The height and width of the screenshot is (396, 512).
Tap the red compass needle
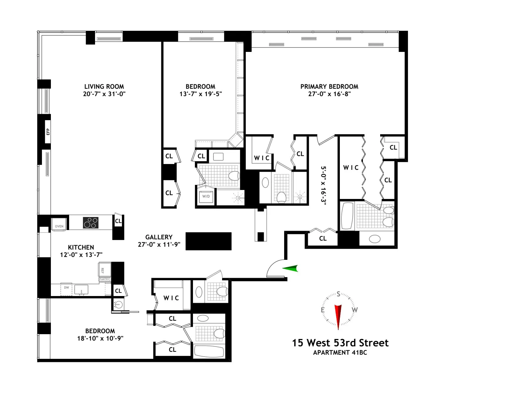click(338, 316)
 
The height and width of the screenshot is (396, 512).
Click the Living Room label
click(104, 87)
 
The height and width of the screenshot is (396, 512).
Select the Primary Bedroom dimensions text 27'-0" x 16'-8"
click(329, 94)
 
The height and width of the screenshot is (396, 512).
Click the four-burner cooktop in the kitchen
click(91, 222)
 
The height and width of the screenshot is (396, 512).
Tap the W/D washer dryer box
click(206, 196)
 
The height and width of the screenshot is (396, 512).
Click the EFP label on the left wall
click(48, 132)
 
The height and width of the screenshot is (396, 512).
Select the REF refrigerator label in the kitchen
click(102, 270)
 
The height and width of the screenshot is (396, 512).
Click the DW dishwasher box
click(66, 288)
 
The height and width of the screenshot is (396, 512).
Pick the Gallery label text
click(159, 237)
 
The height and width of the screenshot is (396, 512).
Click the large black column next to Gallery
click(208, 241)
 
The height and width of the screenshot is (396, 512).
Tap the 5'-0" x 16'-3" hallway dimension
click(323, 185)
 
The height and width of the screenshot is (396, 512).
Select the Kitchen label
click(81, 247)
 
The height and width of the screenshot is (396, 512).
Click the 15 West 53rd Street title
click(340, 343)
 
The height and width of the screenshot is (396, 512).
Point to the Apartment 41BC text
click(340, 352)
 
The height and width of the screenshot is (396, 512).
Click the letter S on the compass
click(338, 294)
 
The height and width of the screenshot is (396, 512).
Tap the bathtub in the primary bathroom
click(347, 216)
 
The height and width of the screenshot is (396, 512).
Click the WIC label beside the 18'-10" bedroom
click(171, 298)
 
